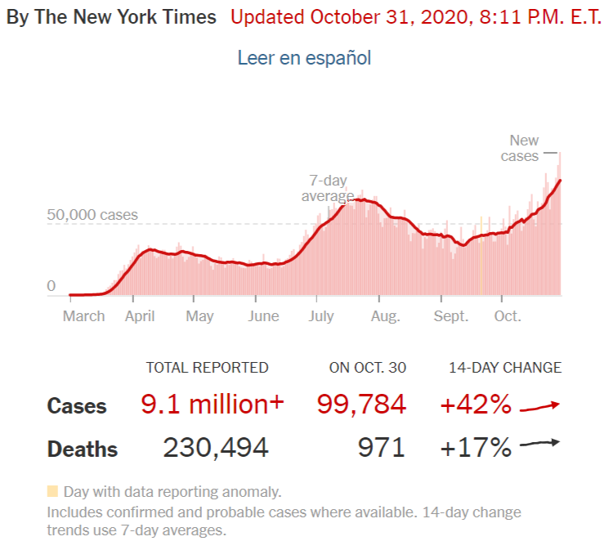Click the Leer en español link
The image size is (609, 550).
coord(304,58)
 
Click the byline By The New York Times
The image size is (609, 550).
coord(112,17)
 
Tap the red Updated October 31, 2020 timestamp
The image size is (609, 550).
coord(416,17)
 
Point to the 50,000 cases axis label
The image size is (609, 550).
coord(92,216)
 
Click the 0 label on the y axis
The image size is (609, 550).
coord(51,286)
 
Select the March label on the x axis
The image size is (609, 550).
coord(84,316)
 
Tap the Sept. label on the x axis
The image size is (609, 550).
coord(451,316)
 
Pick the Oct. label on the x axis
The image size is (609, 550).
coord(508,316)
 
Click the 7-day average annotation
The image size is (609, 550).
coord(327,189)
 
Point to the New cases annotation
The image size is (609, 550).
coord(521,148)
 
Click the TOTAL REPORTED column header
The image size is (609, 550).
coord(207,368)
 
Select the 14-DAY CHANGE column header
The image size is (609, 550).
coord(505,368)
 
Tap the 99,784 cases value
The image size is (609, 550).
coord(361,404)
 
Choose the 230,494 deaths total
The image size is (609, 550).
coord(216,448)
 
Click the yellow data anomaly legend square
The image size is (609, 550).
coord(53,492)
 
